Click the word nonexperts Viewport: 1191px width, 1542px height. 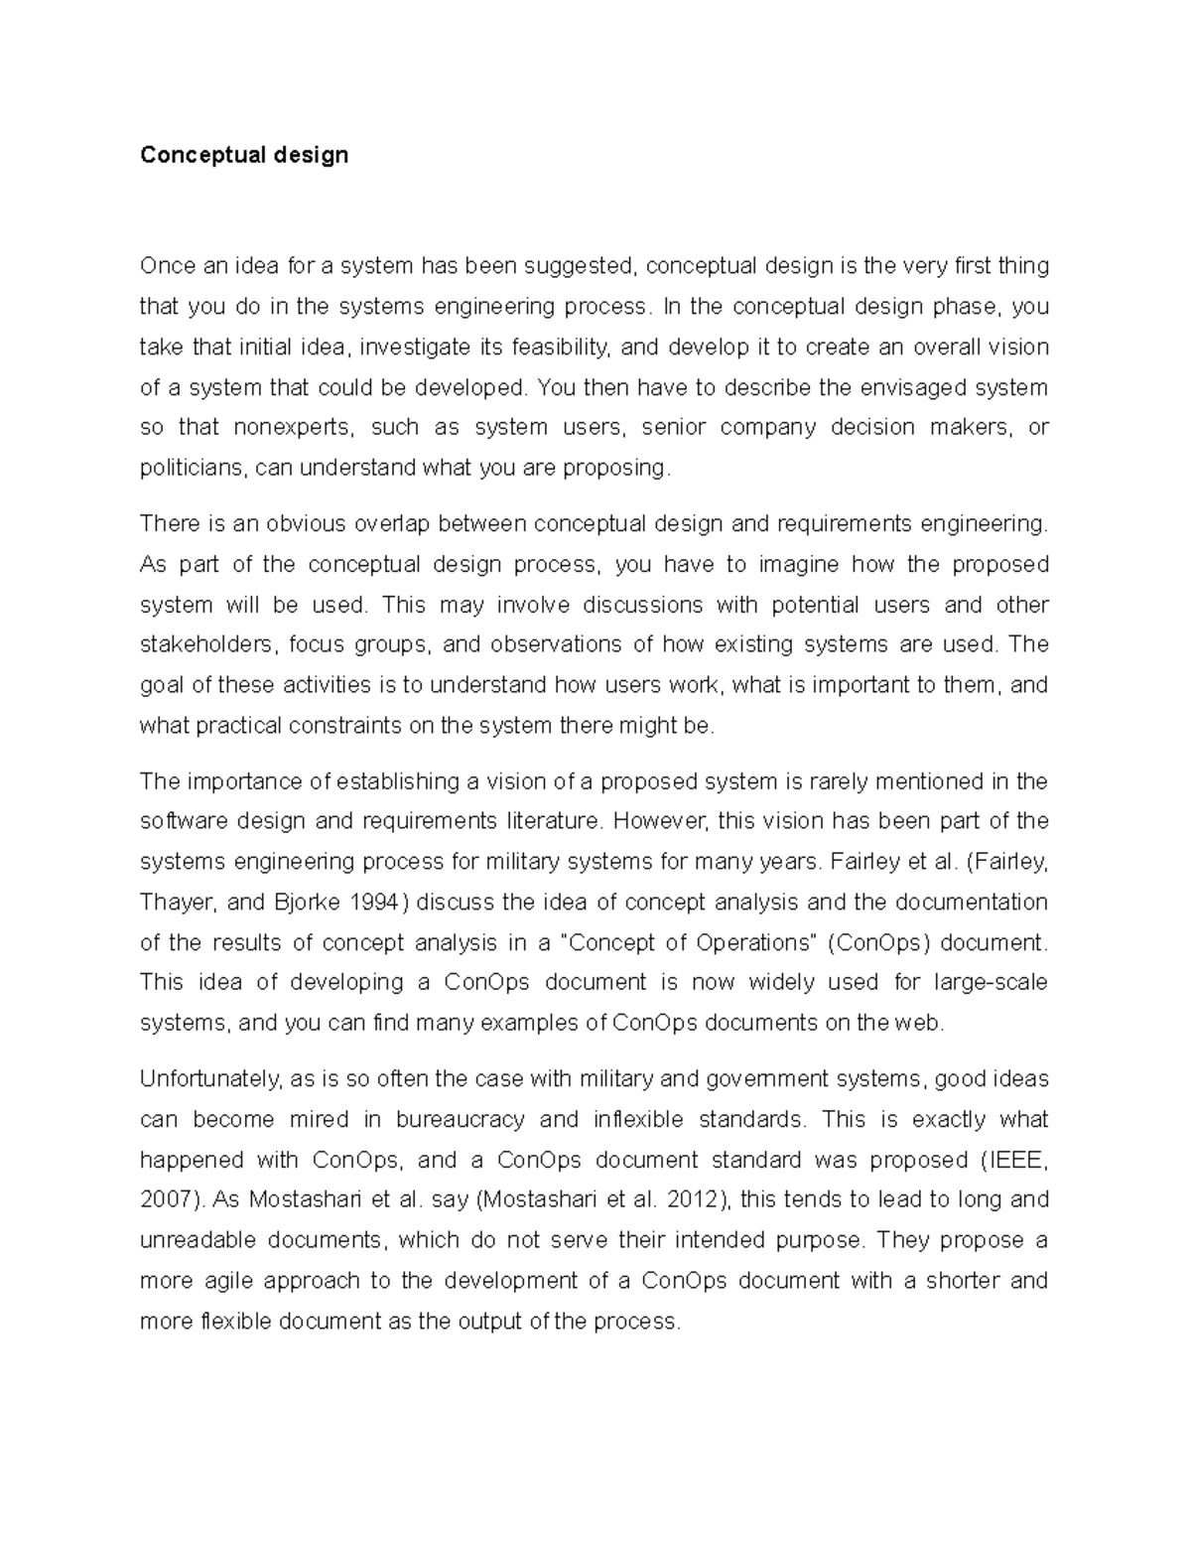293,427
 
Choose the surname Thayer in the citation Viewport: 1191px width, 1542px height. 175,903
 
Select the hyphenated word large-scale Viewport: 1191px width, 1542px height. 991,982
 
